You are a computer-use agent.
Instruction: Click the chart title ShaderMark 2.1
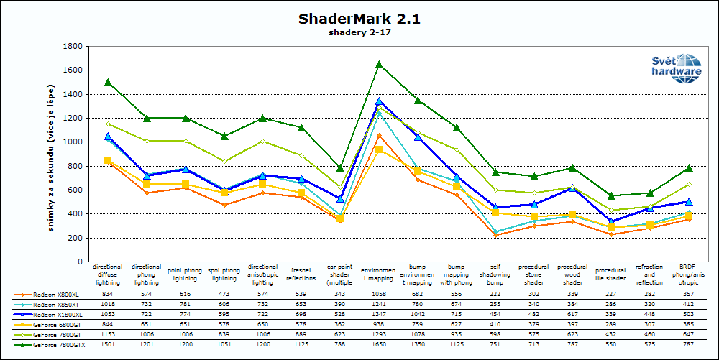pyautogui.click(x=359, y=19)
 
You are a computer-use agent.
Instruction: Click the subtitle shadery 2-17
pyautogui.click(x=359, y=32)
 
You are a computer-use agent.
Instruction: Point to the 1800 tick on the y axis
pyautogui.click(x=72, y=46)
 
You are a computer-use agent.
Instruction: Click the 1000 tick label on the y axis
pyautogui.click(x=72, y=142)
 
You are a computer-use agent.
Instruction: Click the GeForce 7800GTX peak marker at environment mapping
pyautogui.click(x=379, y=65)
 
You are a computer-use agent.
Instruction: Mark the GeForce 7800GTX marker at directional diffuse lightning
pyautogui.click(x=108, y=83)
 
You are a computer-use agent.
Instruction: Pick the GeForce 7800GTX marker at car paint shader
pyautogui.click(x=341, y=167)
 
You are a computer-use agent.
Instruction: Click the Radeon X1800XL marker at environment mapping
pyautogui.click(x=379, y=101)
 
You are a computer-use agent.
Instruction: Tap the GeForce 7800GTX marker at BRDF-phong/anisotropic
pyautogui.click(x=689, y=167)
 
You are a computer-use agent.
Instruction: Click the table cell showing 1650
pyautogui.click(x=379, y=345)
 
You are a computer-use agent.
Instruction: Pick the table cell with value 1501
pyautogui.click(x=108, y=345)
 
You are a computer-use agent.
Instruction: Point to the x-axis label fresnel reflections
pyautogui.click(x=301, y=274)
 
